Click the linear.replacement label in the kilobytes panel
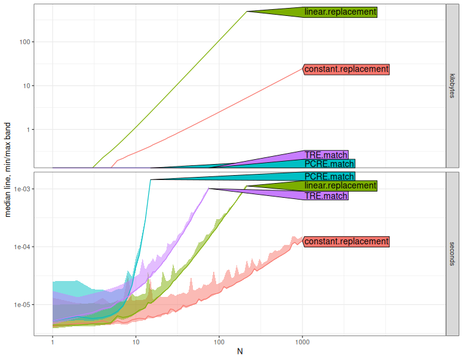340,12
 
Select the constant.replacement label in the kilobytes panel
346,69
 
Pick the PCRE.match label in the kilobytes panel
329,164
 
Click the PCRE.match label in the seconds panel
329,177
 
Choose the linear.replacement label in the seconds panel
340,186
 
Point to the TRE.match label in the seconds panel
326,196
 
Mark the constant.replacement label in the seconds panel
346,241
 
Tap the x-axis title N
239,352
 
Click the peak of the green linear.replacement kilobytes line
246,11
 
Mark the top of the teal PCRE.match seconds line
150,179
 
